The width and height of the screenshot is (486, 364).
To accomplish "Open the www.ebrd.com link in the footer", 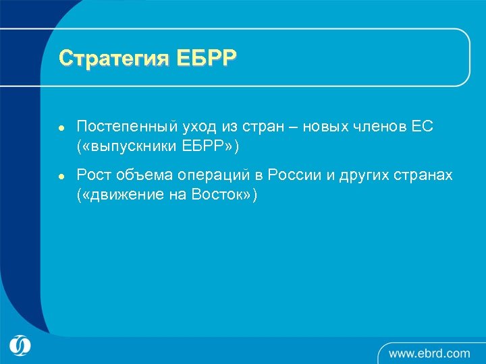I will [429, 353].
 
